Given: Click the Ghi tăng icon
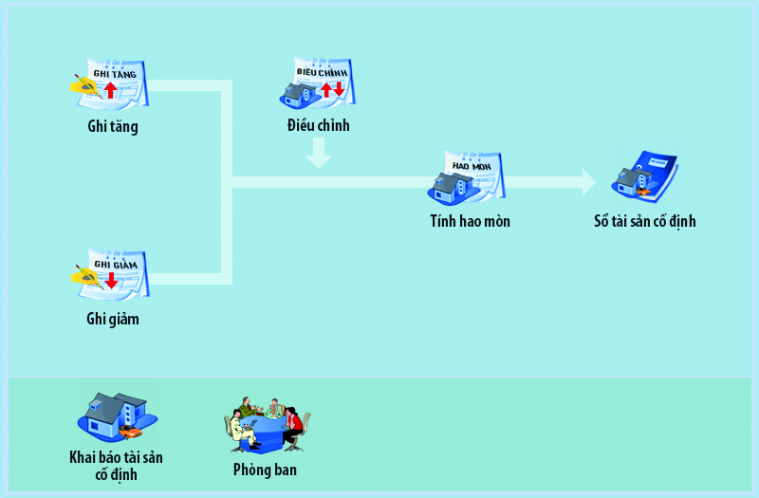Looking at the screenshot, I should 111,85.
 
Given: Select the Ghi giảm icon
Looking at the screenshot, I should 111,274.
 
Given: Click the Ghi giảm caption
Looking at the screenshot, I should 112,319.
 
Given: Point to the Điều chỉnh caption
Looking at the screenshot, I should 319,124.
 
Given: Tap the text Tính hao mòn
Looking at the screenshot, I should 470,221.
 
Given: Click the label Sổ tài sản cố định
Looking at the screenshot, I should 644,221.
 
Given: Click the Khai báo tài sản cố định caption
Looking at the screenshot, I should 116,465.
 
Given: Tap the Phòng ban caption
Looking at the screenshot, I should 265,469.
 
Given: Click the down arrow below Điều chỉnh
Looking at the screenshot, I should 319,154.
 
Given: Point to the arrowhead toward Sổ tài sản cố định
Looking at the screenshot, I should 587,181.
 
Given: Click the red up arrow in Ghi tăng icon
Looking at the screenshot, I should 111,91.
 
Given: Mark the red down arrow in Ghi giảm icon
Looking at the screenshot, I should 111,280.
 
